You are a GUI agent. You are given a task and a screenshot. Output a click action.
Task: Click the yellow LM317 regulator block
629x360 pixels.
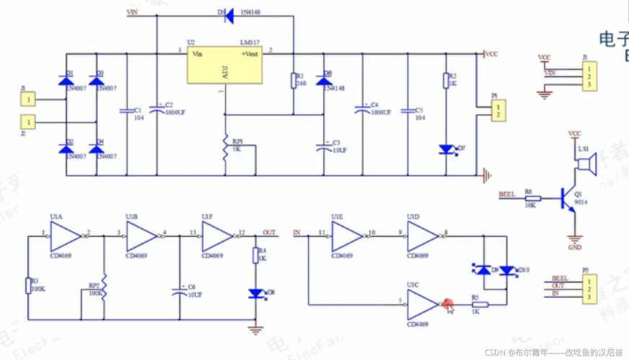tap(224, 66)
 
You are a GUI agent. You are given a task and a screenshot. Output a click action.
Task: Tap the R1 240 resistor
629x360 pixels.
tap(293, 80)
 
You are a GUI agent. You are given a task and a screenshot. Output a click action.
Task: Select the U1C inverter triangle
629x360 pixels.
tap(421, 304)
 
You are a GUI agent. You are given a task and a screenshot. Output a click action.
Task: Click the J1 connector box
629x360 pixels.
tap(28, 100)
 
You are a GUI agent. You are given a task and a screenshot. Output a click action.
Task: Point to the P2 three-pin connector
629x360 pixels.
tap(588, 287)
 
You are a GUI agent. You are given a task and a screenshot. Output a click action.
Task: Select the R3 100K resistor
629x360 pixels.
tap(28, 286)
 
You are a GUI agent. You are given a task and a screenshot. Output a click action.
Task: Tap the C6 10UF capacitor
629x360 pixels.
tap(179, 292)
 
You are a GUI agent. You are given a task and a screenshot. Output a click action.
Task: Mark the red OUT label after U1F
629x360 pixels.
tap(269, 232)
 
